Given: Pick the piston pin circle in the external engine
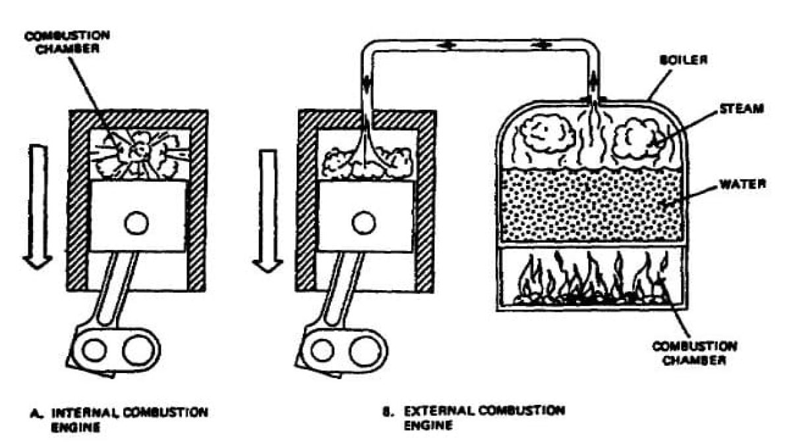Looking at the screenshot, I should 364,224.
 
